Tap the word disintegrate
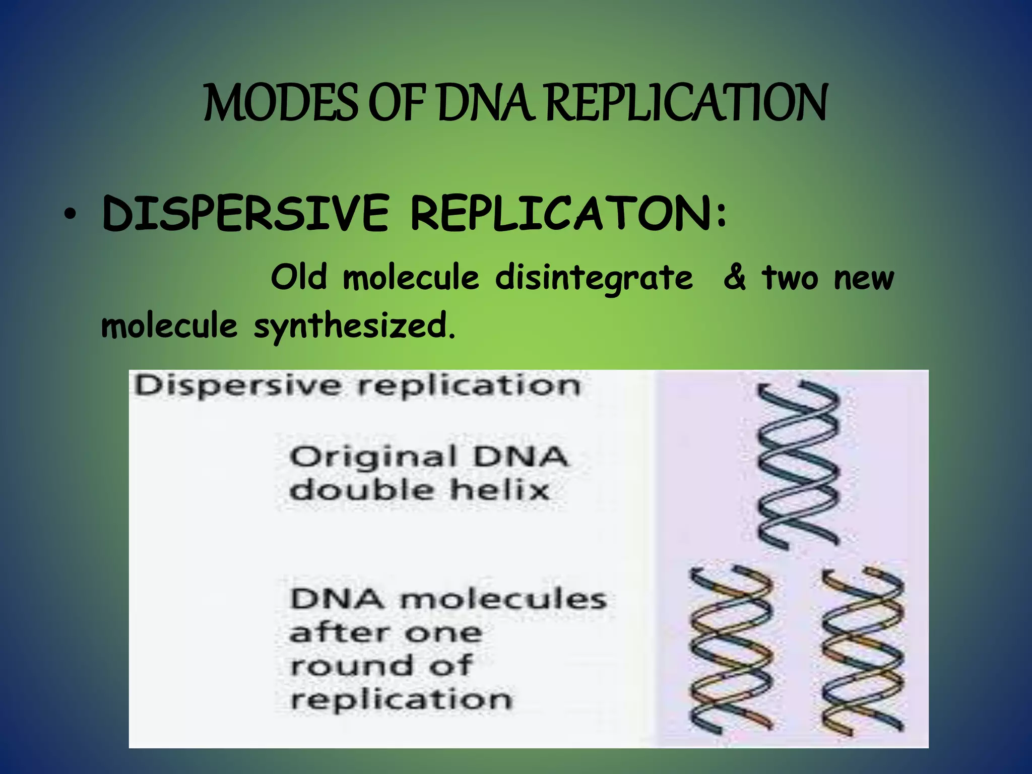[x=594, y=279]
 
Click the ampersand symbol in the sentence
[x=734, y=278]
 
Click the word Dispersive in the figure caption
[x=237, y=387]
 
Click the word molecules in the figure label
[x=503, y=600]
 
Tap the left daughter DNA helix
[x=731, y=650]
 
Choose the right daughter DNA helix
[x=862, y=650]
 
